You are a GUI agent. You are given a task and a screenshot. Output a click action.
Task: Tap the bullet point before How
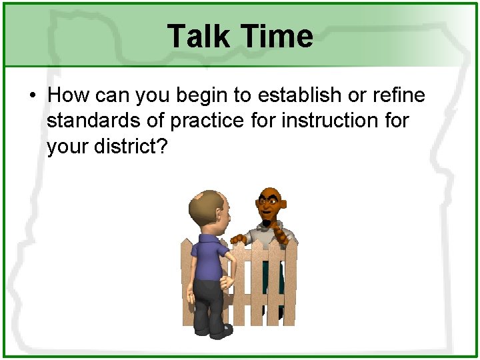pyautogui.click(x=32, y=95)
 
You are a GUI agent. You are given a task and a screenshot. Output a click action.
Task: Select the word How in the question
pyautogui.click(x=69, y=95)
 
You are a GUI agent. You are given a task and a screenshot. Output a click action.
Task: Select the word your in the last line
pyautogui.click(x=66, y=147)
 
